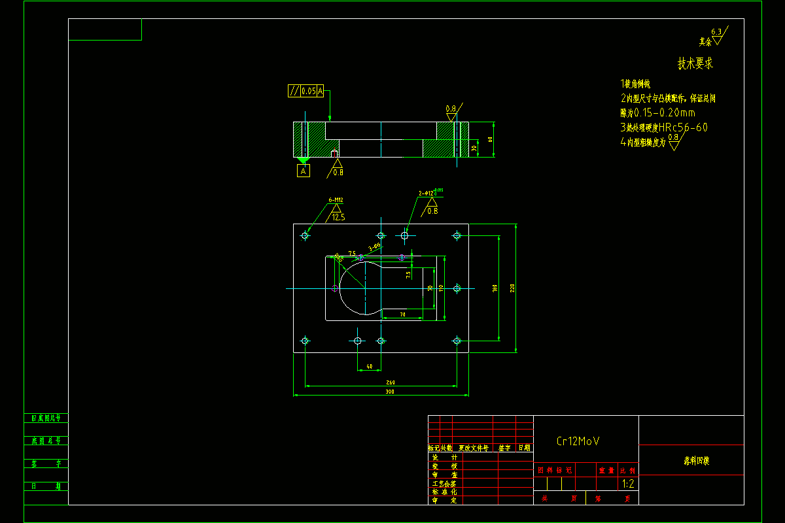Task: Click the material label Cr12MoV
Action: [x=578, y=441]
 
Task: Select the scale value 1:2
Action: [x=628, y=484]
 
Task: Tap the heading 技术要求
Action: [x=695, y=64]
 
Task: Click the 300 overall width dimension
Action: [x=390, y=392]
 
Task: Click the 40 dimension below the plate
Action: [x=370, y=367]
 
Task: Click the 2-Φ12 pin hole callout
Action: [x=428, y=194]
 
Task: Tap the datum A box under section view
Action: [x=303, y=171]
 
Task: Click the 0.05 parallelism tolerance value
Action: [x=309, y=91]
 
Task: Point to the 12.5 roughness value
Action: [x=338, y=217]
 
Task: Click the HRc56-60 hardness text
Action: [x=683, y=127]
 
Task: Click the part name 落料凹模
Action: [x=692, y=461]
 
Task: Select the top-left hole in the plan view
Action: [x=305, y=235]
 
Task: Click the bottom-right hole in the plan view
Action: [x=457, y=340]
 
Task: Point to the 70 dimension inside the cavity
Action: [x=402, y=315]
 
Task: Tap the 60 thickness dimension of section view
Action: [x=490, y=139]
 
